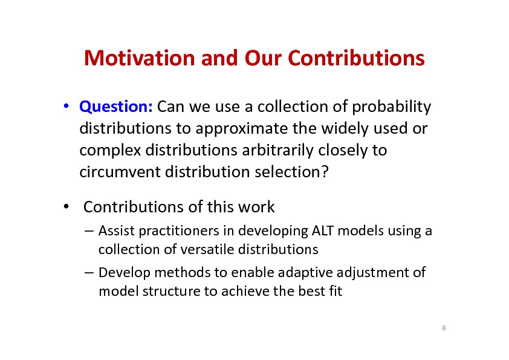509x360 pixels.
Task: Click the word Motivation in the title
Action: click(139, 58)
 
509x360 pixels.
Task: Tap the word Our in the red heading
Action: click(264, 58)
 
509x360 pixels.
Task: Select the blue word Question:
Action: click(116, 107)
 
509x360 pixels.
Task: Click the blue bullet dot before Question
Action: click(66, 106)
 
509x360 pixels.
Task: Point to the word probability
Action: click(392, 107)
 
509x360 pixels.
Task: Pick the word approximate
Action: click(242, 129)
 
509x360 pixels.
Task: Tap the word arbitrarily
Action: click(278, 151)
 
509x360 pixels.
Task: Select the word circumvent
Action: click(120, 172)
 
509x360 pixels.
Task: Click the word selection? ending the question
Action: click(291, 172)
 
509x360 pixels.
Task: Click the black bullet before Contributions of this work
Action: click(66, 206)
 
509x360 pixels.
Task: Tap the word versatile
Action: click(207, 249)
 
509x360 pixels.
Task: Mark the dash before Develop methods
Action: click(89, 273)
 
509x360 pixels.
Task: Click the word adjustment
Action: click(372, 273)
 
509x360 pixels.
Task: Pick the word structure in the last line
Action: click(171, 292)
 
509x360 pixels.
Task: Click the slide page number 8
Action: click(444, 328)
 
